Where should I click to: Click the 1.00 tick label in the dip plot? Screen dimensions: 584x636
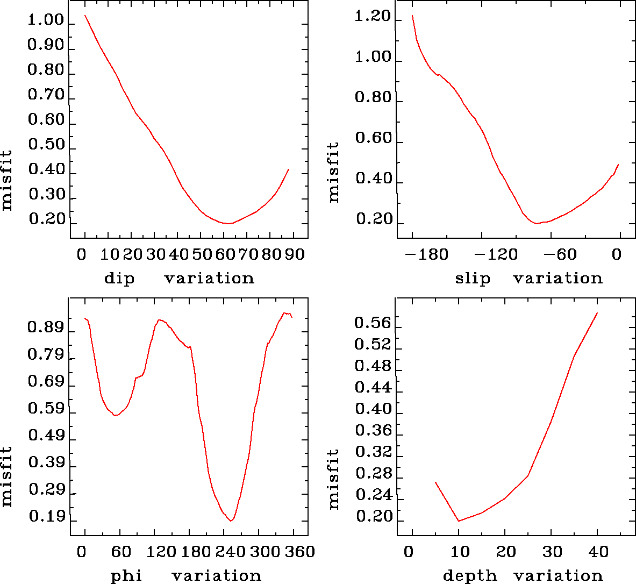pyautogui.click(x=46, y=20)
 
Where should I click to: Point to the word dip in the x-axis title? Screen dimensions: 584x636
pyautogui.click(x=119, y=279)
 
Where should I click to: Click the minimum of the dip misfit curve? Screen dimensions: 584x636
pyautogui.click(x=228, y=223)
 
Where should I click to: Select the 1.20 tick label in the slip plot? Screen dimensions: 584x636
pyautogui.click(x=373, y=17)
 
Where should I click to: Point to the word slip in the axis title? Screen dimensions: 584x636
pyautogui.click(x=473, y=279)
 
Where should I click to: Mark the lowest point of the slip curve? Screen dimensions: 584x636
pyautogui.click(x=536, y=223)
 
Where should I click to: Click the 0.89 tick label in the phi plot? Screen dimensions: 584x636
pyautogui.click(x=46, y=328)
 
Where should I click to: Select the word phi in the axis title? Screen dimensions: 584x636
pyautogui.click(x=126, y=576)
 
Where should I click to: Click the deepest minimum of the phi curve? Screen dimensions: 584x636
pyautogui.click(x=231, y=521)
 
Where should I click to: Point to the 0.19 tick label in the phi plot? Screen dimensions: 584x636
pyautogui.click(x=46, y=517)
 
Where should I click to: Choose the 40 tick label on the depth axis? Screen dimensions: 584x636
pyautogui.click(x=598, y=551)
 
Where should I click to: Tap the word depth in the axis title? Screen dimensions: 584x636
pyautogui.click(x=470, y=576)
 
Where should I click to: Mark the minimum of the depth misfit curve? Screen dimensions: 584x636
pyautogui.click(x=459, y=521)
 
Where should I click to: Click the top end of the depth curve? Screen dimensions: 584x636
pyautogui.click(x=597, y=313)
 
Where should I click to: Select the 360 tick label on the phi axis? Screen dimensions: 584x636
pyautogui.click(x=295, y=551)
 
